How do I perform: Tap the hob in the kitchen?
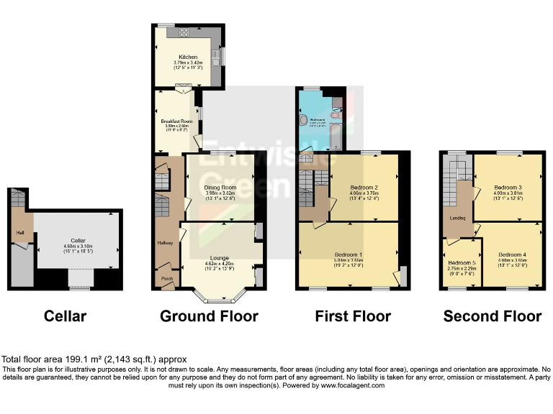pyautogui.click(x=183, y=31)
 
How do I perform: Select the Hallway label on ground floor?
pyautogui.click(x=166, y=243)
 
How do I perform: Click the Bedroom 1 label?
pyautogui.click(x=349, y=254)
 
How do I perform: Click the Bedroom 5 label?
pyautogui.click(x=460, y=262)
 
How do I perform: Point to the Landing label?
pyautogui.click(x=457, y=218)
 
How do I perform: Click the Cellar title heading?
pyautogui.click(x=65, y=316)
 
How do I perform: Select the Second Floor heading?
pyautogui.click(x=493, y=316)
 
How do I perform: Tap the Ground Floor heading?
pyautogui.click(x=209, y=316)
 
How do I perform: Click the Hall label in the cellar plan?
pyautogui.click(x=20, y=232)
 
